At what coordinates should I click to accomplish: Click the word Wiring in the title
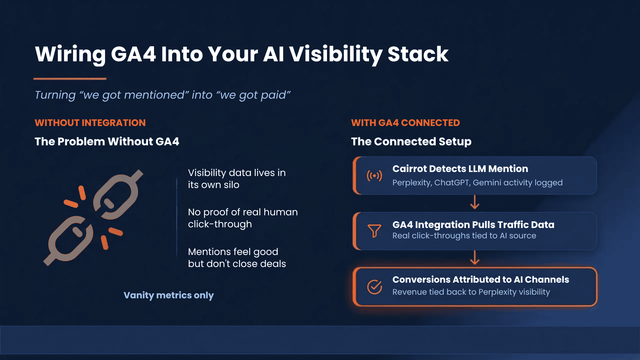pyautogui.click(x=70, y=54)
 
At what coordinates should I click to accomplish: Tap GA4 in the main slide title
pyautogui.click(x=133, y=54)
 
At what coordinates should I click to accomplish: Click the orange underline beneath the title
pyautogui.click(x=70, y=79)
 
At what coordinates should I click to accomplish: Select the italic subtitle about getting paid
pyautogui.click(x=163, y=95)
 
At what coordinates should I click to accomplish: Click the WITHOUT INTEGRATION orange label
pyautogui.click(x=90, y=123)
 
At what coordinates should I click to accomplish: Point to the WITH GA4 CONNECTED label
pyautogui.click(x=405, y=123)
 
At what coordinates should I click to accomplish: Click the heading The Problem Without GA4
pyautogui.click(x=107, y=141)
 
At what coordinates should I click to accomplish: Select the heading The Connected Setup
pyautogui.click(x=411, y=141)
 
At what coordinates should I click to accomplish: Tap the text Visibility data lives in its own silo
pyautogui.click(x=237, y=179)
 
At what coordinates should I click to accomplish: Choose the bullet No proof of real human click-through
pyautogui.click(x=243, y=218)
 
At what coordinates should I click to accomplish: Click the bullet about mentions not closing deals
pyautogui.click(x=237, y=258)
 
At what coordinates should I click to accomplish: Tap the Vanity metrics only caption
pyautogui.click(x=168, y=295)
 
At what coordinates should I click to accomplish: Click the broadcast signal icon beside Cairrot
pyautogui.click(x=374, y=175)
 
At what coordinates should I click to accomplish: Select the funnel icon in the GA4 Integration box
pyautogui.click(x=374, y=231)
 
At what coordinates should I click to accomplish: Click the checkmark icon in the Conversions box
pyautogui.click(x=374, y=287)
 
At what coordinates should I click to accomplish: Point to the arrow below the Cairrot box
pyautogui.click(x=475, y=202)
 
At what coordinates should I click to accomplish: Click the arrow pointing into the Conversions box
pyautogui.click(x=475, y=258)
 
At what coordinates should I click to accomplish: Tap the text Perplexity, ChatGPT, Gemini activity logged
pyautogui.click(x=477, y=183)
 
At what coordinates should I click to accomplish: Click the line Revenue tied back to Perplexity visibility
pyautogui.click(x=471, y=292)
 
